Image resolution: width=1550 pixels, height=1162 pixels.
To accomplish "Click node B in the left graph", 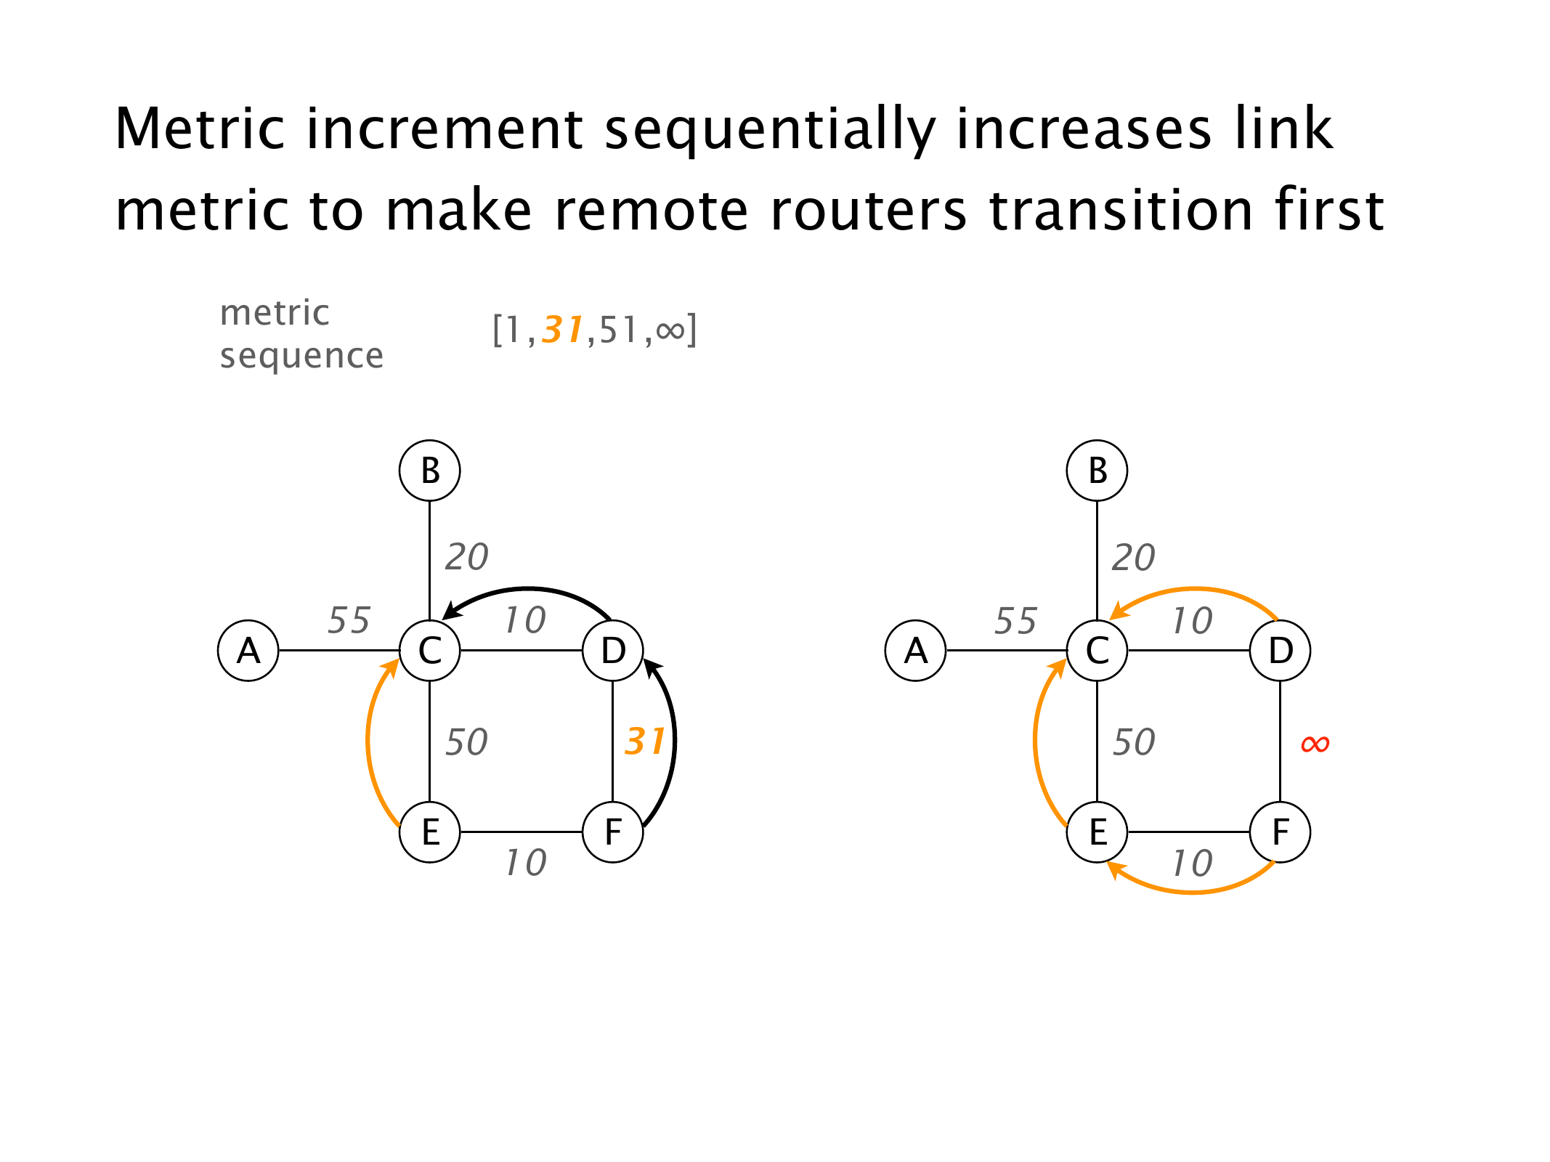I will coord(429,471).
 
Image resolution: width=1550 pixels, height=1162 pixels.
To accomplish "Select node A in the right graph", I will coord(915,651).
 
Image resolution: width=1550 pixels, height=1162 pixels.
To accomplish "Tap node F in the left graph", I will coord(613,832).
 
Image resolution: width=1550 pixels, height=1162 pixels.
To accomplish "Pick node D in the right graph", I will coord(1280,651).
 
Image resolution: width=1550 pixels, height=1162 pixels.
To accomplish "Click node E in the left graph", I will coord(429,832).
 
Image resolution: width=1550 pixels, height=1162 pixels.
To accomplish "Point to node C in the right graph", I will coord(1097,651).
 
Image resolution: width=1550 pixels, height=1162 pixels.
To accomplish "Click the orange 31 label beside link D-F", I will coord(644,742).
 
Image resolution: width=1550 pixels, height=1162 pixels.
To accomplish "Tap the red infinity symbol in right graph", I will coord(1315,744).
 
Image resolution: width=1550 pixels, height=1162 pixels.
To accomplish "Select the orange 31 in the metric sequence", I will coord(563,330).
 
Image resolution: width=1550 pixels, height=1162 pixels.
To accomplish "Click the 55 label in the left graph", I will coord(349,620).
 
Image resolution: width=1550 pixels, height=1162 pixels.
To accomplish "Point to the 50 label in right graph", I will coord(1134,742).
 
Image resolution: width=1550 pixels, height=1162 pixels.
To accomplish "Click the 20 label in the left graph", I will coord(466,557).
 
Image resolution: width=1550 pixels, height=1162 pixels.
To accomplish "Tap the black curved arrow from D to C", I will coord(529,589).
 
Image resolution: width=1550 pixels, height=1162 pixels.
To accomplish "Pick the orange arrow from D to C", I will coord(1195,589).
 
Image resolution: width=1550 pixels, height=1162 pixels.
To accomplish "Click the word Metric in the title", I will coord(200,129).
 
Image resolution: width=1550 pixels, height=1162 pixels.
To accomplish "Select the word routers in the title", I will coord(869,211).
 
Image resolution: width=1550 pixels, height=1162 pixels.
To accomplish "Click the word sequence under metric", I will coord(301,356).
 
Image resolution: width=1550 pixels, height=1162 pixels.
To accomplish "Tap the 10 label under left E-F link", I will coord(526,863).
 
